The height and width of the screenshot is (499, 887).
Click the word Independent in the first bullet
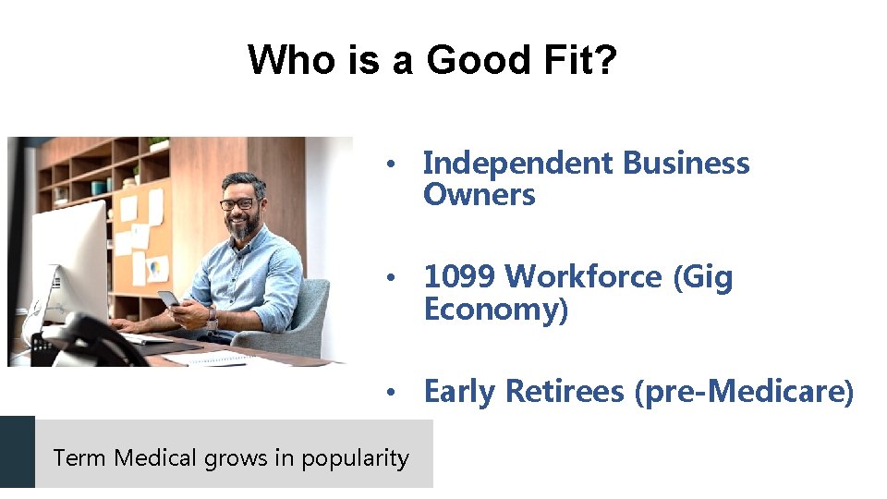pyautogui.click(x=518, y=164)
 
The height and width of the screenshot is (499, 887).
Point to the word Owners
pyautogui.click(x=480, y=195)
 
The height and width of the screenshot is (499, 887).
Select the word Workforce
pyautogui.click(x=584, y=277)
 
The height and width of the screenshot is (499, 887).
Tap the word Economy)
pyautogui.click(x=496, y=310)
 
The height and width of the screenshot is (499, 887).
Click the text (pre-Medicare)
pyautogui.click(x=745, y=392)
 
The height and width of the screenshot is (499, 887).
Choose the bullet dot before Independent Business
pyautogui.click(x=392, y=164)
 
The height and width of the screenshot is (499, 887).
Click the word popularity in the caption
pyautogui.click(x=355, y=458)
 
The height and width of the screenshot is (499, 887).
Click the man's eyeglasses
pyautogui.click(x=238, y=203)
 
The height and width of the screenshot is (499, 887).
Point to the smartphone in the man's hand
pyautogui.click(x=169, y=298)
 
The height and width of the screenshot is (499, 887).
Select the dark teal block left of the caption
pyautogui.click(x=17, y=453)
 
